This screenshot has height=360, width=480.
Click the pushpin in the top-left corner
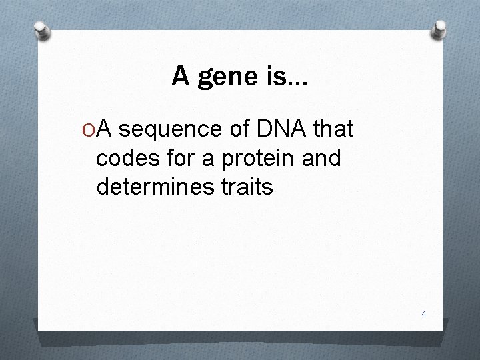pos(42,30)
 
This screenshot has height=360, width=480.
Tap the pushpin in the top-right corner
pos(439,27)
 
